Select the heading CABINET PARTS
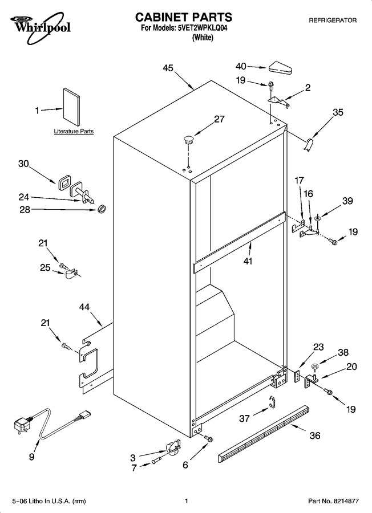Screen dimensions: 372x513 (184, 17)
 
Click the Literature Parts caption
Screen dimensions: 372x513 (74, 132)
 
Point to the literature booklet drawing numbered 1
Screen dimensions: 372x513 (72, 107)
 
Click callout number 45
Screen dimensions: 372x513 (168, 68)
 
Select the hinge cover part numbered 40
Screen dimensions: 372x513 (281, 68)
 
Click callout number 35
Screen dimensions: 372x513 (338, 112)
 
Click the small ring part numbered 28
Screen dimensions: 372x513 (103, 209)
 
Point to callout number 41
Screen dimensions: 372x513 (248, 262)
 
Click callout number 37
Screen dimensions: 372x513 (245, 418)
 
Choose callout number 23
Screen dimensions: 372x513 (318, 347)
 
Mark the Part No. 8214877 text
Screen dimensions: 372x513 (333, 501)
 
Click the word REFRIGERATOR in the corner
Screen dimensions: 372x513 (333, 21)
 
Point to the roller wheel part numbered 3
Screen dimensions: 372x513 (173, 447)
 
